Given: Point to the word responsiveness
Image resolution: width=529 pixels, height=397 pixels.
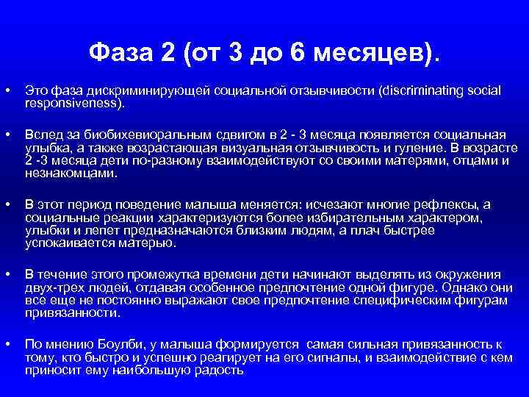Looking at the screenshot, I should (73, 103).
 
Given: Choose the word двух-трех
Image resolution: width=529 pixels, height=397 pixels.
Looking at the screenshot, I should (49, 286).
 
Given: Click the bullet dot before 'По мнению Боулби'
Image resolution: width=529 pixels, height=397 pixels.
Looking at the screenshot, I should (7, 343).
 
